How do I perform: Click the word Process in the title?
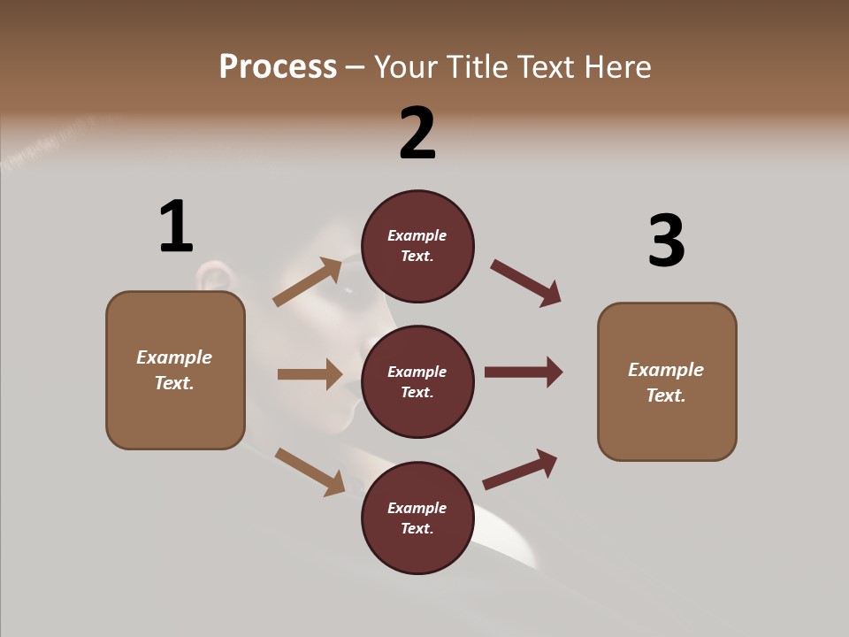coord(278,67)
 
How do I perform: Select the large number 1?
coord(176,226)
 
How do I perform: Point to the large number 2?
coord(417,134)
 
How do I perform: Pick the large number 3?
coord(666,242)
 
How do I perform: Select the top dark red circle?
coord(417,246)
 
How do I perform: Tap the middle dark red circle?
coord(417,382)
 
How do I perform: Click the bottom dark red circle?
coord(417,518)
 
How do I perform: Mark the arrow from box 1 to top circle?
coord(308,282)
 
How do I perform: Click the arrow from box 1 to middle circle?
coord(310,374)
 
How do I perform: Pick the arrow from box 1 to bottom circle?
coord(310,472)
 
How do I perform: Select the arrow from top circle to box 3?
coord(525,282)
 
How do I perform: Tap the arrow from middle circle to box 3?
coord(524,372)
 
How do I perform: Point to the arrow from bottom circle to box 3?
coord(520,470)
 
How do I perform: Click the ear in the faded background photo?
coord(213,277)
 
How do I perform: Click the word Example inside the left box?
coord(174,357)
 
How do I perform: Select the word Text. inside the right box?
coord(666,395)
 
